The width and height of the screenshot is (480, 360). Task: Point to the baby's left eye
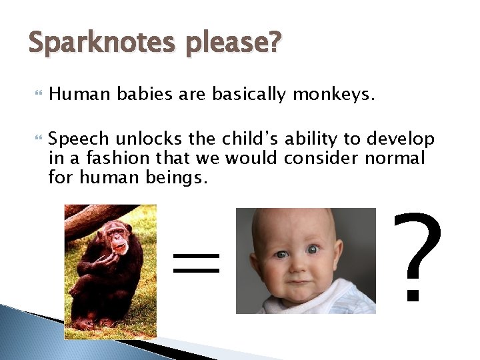(x=313, y=249)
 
